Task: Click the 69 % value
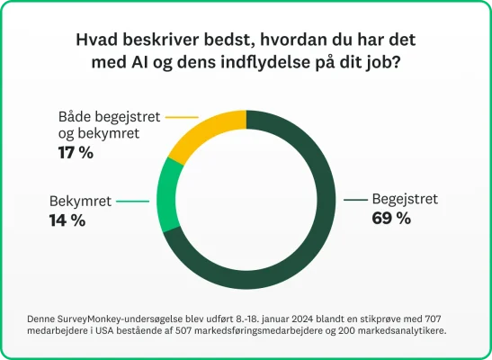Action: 391,218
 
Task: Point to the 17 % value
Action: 76,153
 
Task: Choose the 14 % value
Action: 67,220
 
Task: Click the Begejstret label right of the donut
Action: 406,199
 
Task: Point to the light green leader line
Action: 131,202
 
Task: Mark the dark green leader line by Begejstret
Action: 358,199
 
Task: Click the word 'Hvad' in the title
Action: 95,42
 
